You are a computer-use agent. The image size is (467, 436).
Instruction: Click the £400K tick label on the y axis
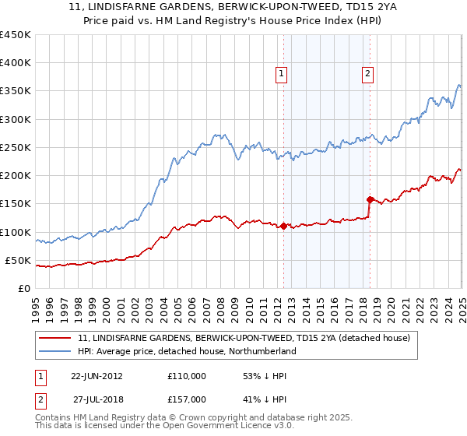16,63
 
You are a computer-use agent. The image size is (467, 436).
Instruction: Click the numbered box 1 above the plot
281,74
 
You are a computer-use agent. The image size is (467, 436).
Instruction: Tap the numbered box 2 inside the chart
367,74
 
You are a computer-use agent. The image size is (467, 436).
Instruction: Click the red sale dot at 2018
370,199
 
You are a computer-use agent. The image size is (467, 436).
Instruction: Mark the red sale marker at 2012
283,227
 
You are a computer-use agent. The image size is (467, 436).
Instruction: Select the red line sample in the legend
55,338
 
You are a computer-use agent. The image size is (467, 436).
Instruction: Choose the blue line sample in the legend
55,351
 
